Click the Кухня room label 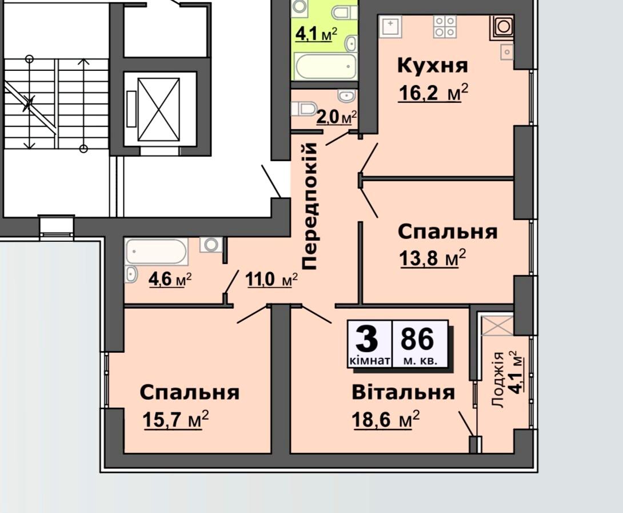click(433, 65)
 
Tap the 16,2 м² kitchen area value click(433, 93)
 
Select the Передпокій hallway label click(309, 205)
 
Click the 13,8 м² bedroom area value click(433, 258)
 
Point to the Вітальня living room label click(404, 392)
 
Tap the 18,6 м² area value click(385, 420)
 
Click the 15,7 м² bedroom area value click(175, 420)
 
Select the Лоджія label click(498, 380)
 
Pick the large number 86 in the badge click(417, 339)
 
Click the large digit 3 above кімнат click(366, 339)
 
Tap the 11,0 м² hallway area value click(271, 279)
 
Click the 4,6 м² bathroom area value click(170, 279)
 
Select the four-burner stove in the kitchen click(445, 26)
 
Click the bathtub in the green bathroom click(326, 66)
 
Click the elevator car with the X click(158, 109)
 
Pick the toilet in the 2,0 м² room click(303, 109)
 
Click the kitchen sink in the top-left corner click(390, 26)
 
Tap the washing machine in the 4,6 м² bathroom click(211, 245)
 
